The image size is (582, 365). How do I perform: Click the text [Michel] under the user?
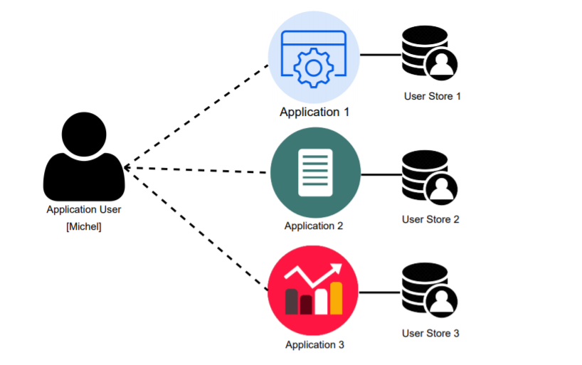click(x=84, y=226)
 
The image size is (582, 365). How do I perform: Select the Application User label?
click(x=84, y=209)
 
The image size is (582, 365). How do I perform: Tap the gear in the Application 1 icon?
click(x=313, y=68)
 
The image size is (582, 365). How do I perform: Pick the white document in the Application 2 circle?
click(x=315, y=173)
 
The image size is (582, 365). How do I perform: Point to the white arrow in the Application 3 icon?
click(x=314, y=274)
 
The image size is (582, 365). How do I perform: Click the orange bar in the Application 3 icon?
click(x=336, y=298)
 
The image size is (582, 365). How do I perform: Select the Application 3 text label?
click(x=314, y=345)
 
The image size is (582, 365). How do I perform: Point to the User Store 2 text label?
click(x=430, y=219)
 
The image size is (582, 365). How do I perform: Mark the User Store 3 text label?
click(x=430, y=333)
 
